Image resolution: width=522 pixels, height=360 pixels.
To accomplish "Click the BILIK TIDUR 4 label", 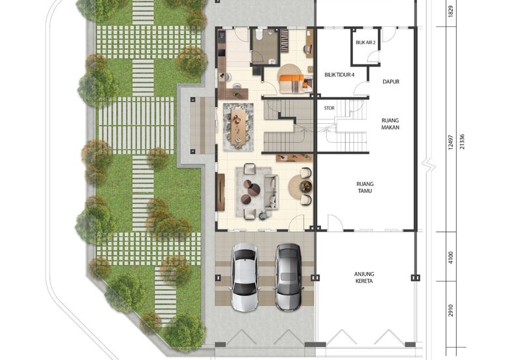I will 339,75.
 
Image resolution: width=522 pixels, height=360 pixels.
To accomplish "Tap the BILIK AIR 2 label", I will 365,42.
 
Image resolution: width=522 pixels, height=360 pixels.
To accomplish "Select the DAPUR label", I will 391,82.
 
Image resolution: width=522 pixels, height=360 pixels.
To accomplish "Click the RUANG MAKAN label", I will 391,124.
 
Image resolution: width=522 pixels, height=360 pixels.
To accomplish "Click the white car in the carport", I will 245,276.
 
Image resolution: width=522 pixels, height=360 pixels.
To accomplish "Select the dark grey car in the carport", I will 287,277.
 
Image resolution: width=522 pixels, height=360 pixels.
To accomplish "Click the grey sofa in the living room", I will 272,190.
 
